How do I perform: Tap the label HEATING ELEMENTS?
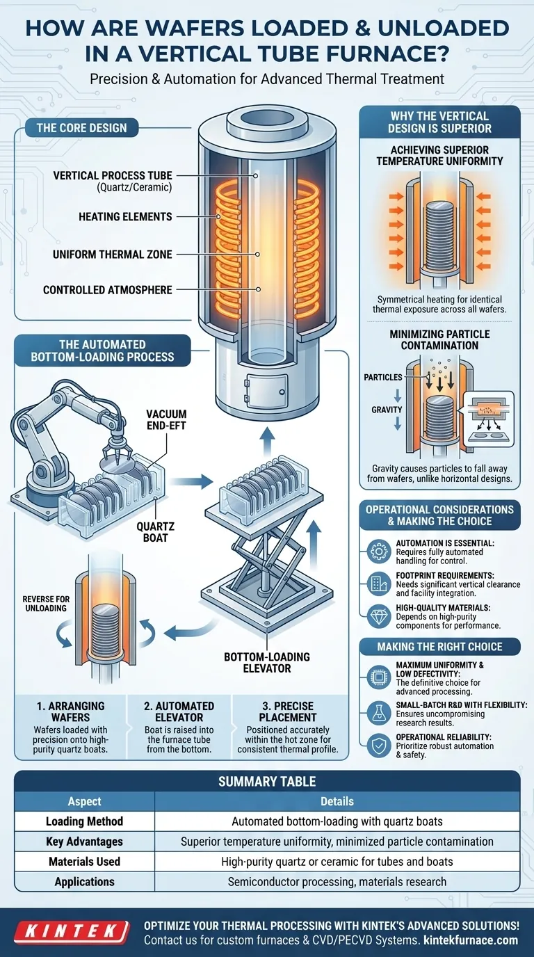click(x=125, y=217)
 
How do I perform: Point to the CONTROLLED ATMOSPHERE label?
click(x=107, y=289)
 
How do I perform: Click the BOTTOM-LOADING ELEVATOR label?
click(x=267, y=663)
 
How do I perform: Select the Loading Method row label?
click(x=84, y=821)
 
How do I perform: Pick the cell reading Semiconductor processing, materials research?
click(x=337, y=881)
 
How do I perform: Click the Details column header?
click(x=337, y=801)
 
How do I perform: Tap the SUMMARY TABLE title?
click(x=267, y=782)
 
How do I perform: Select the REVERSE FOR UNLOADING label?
click(x=44, y=604)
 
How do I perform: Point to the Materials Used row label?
click(x=84, y=861)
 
